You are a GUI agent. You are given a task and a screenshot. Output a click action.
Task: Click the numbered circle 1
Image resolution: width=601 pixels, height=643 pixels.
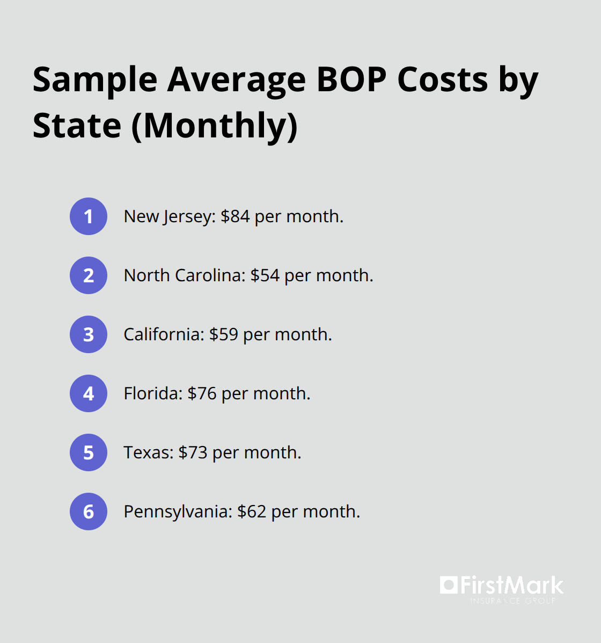pos(89,216)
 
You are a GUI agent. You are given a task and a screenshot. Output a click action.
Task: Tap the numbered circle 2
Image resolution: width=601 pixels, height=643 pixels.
pos(89,275)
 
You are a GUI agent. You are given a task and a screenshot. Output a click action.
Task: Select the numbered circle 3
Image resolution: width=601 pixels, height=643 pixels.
pos(89,334)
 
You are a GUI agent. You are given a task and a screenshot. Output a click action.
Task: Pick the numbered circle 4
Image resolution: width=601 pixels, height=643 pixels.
pos(89,393)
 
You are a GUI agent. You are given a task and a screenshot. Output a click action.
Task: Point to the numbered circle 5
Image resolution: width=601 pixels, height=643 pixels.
pos(89,452)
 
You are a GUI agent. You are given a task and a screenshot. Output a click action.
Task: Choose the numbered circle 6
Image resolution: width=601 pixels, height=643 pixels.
pos(89,512)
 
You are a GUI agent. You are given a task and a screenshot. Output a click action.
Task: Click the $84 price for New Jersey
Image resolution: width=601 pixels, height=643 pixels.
pos(235,216)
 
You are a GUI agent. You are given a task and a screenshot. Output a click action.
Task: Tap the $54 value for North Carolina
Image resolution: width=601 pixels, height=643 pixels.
pos(265,275)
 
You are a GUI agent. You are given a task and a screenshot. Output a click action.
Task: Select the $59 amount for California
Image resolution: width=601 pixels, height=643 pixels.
pos(224,334)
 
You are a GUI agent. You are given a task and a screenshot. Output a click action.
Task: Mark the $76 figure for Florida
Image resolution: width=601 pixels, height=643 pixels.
pos(202,393)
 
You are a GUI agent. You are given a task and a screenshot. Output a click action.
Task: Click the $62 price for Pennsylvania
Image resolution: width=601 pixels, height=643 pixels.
pos(252,512)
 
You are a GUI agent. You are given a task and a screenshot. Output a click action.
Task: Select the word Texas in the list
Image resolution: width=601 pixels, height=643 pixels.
pos(148,452)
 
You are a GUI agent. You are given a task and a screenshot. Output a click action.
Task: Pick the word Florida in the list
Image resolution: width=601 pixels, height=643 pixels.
pos(152,393)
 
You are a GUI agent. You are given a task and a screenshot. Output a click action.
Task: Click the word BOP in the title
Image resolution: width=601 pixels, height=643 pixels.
pos(351,80)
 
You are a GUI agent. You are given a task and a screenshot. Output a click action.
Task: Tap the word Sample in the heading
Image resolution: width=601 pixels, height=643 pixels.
pos(95,80)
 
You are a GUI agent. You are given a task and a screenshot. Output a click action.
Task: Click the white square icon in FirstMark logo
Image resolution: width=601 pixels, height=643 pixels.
pos(449,584)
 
